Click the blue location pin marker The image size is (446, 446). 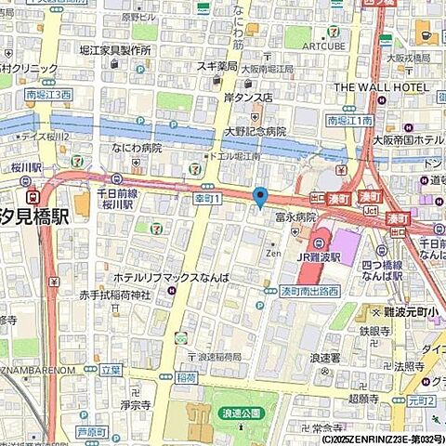[260, 197]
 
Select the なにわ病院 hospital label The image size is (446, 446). [136, 148]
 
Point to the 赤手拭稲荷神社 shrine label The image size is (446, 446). [115, 295]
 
